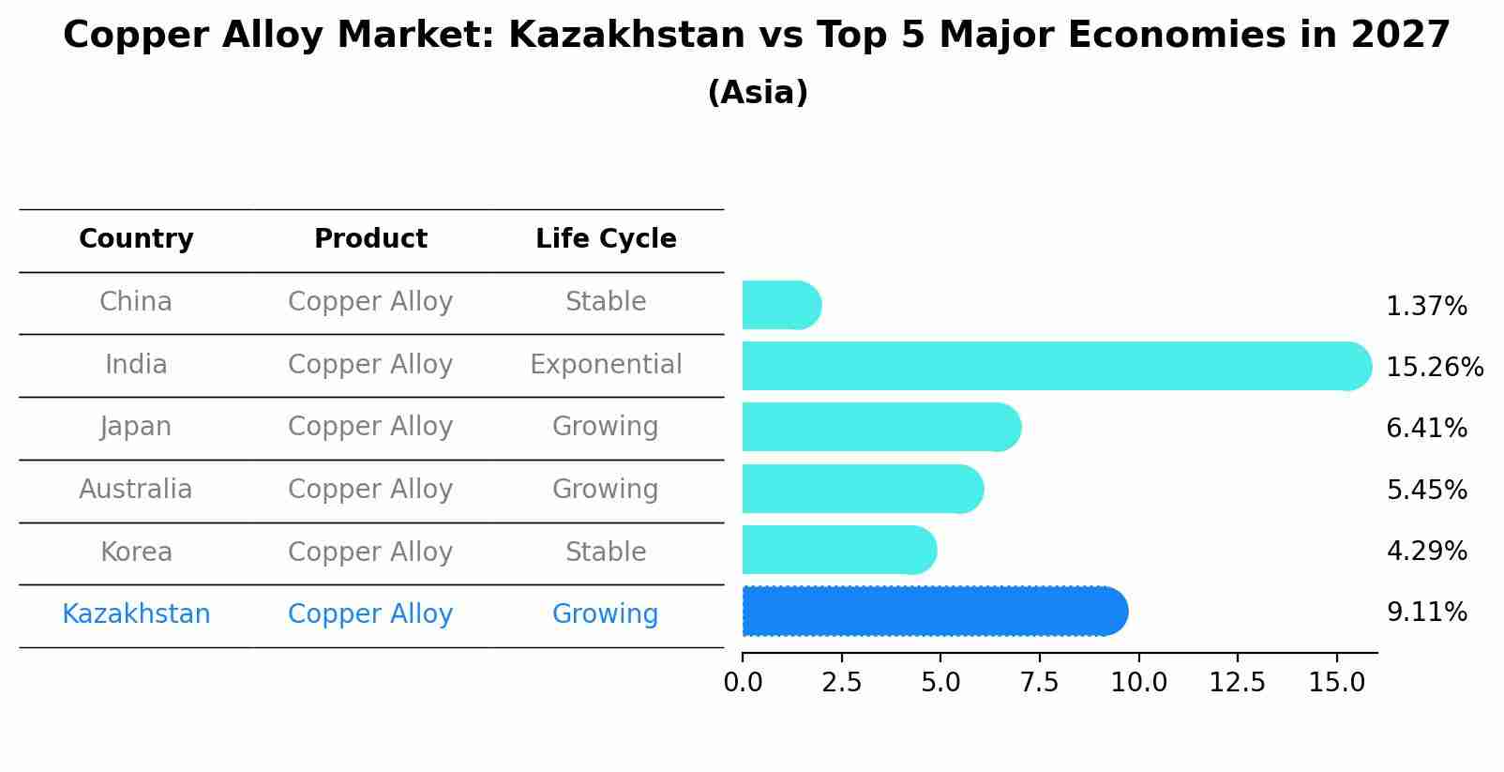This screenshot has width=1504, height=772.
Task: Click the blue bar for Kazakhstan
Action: coord(934,612)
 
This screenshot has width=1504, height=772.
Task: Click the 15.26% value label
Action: coord(1434,368)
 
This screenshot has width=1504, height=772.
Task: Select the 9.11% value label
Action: coord(1426,613)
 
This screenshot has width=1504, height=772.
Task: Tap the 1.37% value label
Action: coord(1425,307)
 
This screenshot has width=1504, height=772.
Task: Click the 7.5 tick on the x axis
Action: coord(1039,682)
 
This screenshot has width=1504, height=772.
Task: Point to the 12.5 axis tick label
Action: coord(1237,682)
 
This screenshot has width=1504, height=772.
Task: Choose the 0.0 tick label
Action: coord(743,682)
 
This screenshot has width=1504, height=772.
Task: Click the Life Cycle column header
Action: coord(606,239)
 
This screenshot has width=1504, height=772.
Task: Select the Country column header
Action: coord(136,239)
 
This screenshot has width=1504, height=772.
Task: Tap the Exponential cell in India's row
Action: coord(606,364)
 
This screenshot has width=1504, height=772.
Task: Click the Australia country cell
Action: coord(136,489)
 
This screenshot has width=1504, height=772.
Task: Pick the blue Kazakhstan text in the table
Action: coord(136,614)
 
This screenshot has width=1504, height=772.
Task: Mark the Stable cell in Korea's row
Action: coord(606,552)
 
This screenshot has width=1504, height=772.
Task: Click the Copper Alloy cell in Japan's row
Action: coord(370,427)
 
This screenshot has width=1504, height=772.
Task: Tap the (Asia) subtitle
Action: coord(758,93)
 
